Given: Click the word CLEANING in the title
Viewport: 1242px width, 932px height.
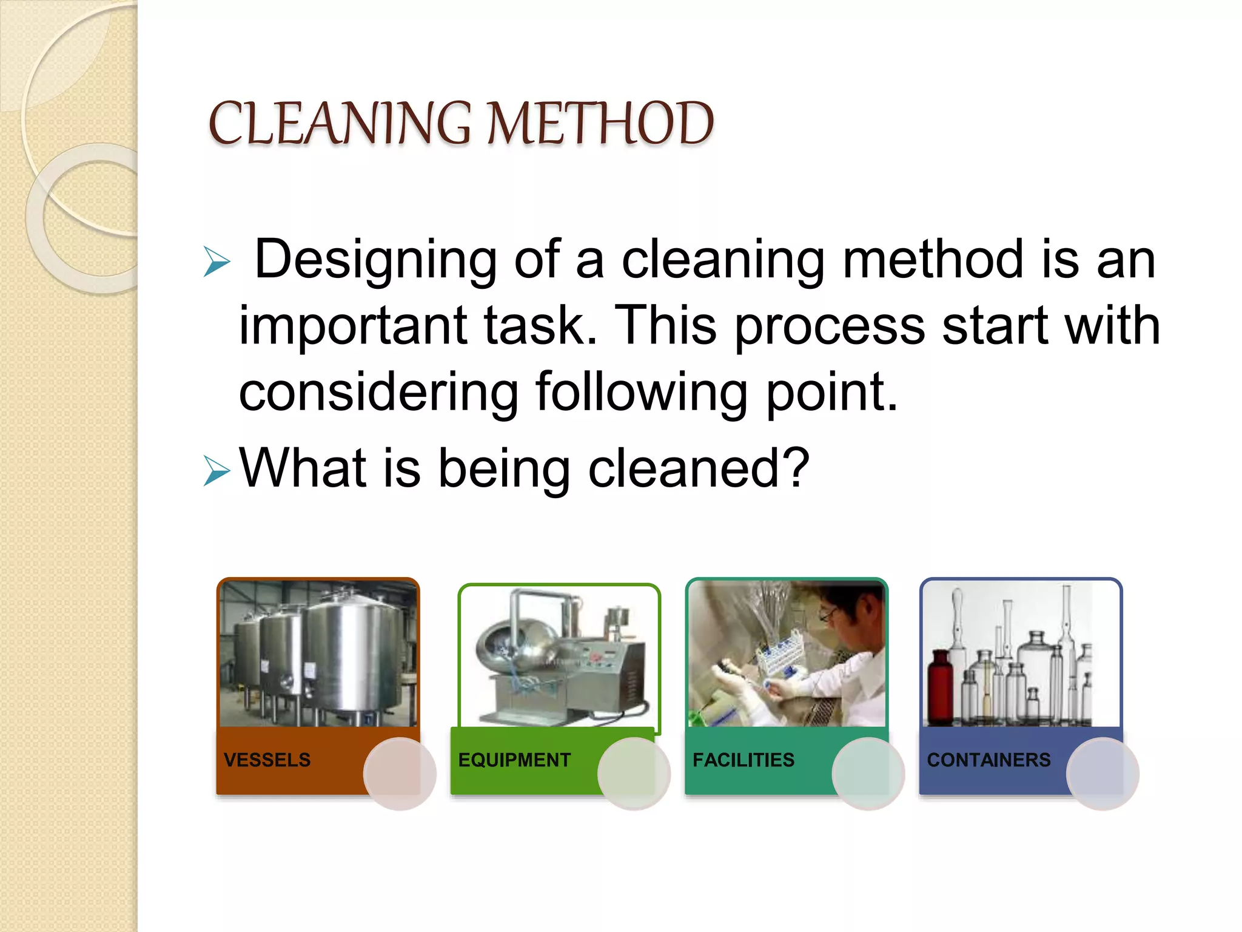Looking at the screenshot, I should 340,124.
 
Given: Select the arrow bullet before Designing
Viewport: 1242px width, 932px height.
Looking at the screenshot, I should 217,262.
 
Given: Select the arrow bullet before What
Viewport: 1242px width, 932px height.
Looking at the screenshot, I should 217,470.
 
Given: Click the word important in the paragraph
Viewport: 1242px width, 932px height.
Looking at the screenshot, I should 352,326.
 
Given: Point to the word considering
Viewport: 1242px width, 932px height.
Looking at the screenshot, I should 378,393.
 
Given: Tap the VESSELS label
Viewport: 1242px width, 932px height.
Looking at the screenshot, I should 267,760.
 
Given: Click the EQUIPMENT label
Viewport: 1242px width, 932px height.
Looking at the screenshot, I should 514,760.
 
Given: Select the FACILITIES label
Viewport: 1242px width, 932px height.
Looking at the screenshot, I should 743,760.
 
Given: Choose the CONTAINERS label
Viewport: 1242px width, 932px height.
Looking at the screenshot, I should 989,760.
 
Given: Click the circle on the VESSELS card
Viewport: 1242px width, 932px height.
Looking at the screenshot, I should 400,774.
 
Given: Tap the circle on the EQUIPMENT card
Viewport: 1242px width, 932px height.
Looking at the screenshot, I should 634,774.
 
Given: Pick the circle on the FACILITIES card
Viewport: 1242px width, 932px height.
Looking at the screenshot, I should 868,774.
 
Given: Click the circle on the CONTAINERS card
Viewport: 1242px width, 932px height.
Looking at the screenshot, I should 1103,774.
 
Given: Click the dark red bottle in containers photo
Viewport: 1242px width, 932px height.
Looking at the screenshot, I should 941,689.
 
